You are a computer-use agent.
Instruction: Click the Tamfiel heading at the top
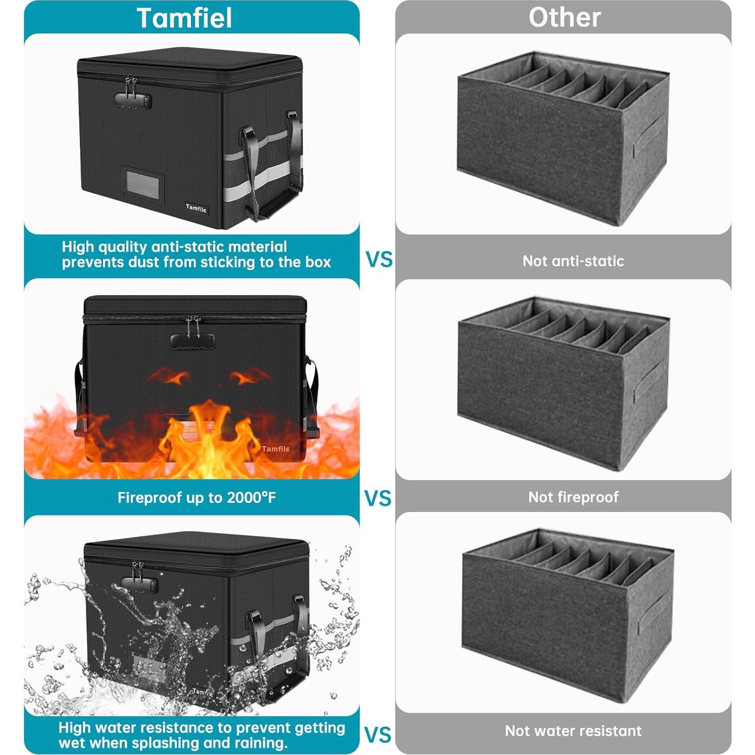[184, 18]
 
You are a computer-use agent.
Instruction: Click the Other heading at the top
[564, 18]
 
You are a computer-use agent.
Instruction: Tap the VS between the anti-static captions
[379, 260]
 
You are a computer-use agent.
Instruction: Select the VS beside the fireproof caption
[378, 498]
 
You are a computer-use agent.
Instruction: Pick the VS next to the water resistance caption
[378, 735]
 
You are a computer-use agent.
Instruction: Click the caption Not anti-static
[573, 261]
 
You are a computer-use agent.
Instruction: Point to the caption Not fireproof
[573, 497]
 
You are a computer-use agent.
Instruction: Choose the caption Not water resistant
[573, 731]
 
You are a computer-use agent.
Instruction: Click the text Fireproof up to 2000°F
[196, 498]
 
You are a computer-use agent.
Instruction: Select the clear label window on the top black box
[144, 185]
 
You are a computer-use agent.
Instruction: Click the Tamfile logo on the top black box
[196, 208]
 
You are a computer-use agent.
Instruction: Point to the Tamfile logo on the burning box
[276, 449]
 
